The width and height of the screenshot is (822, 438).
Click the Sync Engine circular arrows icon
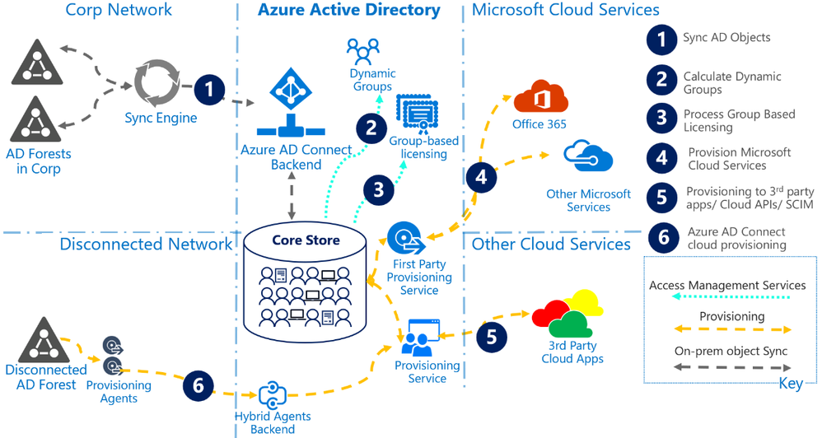click(x=157, y=81)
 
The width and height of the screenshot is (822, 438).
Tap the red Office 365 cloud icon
click(x=541, y=96)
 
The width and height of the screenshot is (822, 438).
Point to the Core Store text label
click(x=306, y=240)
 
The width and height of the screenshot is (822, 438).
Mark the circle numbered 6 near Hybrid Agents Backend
click(x=198, y=384)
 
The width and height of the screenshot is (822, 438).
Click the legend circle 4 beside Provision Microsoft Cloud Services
click(x=661, y=157)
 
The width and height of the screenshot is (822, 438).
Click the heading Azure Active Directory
click(x=349, y=11)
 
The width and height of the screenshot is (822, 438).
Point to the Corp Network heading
click(x=119, y=10)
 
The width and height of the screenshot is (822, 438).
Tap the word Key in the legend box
click(x=792, y=384)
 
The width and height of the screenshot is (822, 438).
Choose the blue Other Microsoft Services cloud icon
click(x=588, y=156)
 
